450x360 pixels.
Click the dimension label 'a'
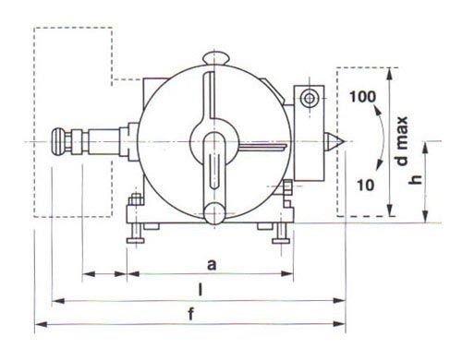coord(212,265)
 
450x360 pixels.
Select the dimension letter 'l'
coord(201,290)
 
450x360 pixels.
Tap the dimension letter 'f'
coord(191,314)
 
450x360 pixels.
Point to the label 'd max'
coord(402,141)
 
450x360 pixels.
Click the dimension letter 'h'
coord(416,179)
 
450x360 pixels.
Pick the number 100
coord(363,97)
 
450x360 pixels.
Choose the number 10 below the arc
coord(366,185)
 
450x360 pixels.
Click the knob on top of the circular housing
coord(215,58)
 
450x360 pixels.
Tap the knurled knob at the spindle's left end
coord(58,142)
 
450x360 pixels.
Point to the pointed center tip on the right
coord(334,141)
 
